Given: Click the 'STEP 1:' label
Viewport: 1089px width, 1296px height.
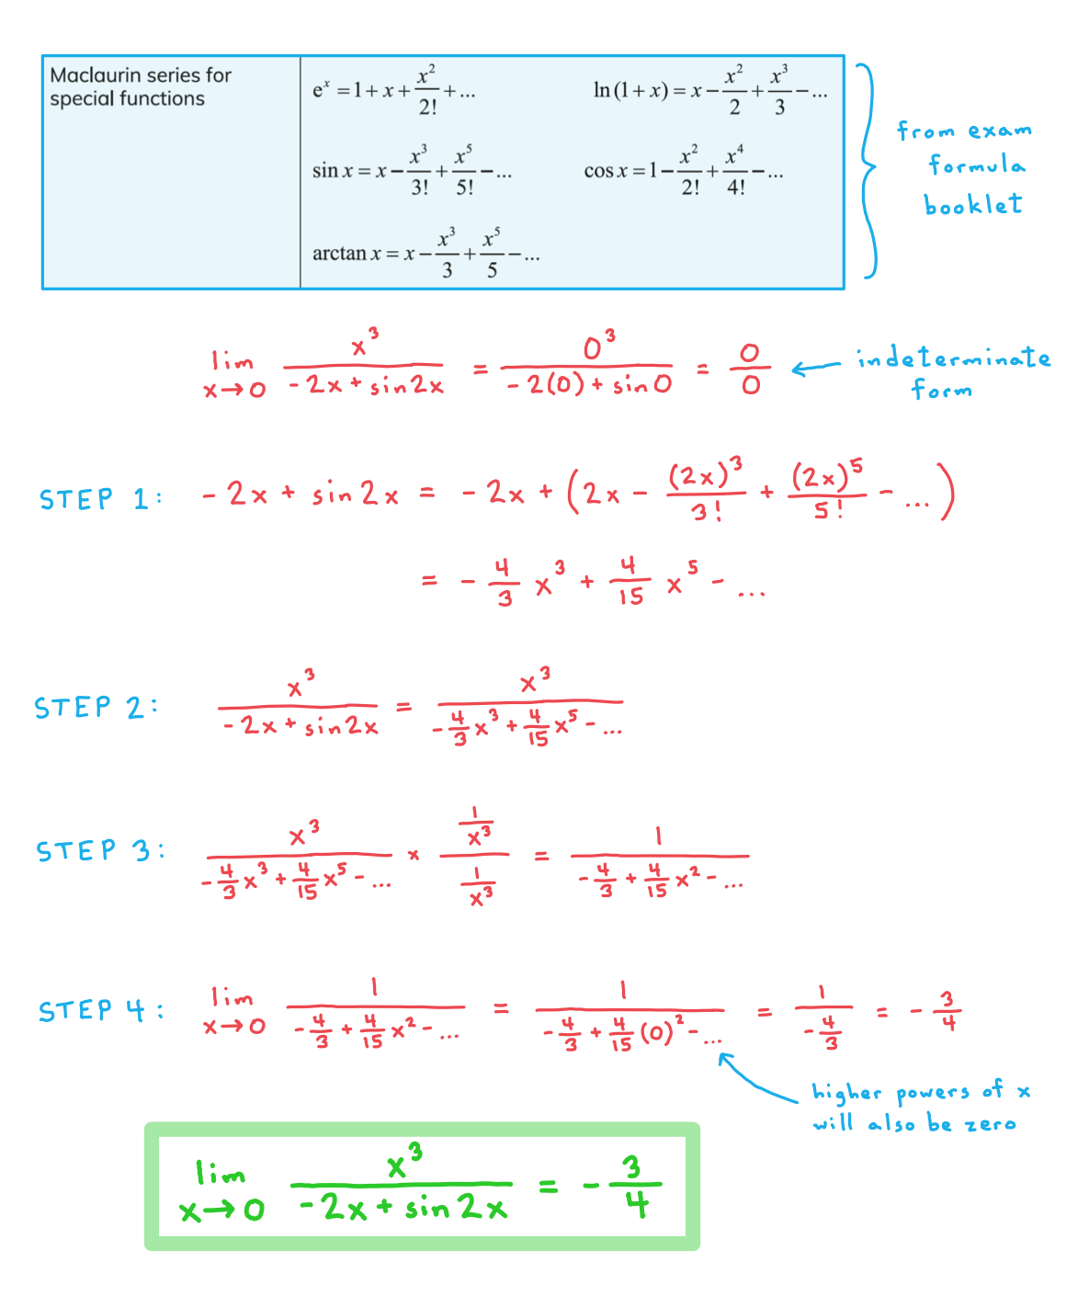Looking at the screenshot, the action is click(x=100, y=498).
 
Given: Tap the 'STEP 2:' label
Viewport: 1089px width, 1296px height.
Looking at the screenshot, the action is click(x=96, y=707).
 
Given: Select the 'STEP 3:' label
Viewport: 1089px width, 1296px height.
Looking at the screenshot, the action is click(x=100, y=849).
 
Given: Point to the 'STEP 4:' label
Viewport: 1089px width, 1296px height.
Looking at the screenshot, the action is click(x=101, y=1010).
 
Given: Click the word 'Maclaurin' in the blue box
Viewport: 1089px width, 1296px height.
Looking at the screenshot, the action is click(x=91, y=75).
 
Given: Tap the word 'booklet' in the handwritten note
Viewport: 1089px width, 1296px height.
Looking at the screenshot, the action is click(x=973, y=204).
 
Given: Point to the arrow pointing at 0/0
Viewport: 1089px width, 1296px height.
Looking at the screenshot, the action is click(x=816, y=368).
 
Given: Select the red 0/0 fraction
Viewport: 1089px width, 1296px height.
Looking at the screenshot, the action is click(x=750, y=369).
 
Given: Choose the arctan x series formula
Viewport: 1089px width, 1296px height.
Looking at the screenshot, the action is click(x=425, y=254).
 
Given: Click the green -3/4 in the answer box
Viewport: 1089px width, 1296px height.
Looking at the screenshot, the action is click(x=622, y=1187).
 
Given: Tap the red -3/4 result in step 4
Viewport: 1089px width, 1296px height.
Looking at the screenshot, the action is click(x=936, y=1011).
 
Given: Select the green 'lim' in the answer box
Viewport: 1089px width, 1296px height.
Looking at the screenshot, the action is click(x=220, y=1173).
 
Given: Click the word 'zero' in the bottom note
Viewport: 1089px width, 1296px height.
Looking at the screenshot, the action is click(x=991, y=1123).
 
